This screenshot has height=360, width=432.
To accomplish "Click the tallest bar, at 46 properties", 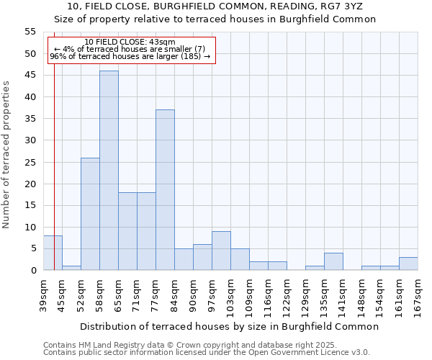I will (x=109, y=171).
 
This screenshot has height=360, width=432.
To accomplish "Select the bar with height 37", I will (x=165, y=190).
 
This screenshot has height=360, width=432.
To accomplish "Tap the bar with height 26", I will (x=90, y=214).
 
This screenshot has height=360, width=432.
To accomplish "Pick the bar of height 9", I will (x=221, y=251).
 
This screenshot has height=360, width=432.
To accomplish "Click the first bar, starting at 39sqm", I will (x=53, y=253).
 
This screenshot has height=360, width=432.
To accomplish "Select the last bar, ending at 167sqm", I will (x=408, y=264).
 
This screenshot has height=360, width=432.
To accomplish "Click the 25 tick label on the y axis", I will (x=31, y=162).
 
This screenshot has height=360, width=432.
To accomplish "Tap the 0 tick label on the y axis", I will (x=33, y=271).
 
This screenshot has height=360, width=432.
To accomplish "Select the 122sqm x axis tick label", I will (x=287, y=295).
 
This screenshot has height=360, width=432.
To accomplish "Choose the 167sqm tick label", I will (x=418, y=295).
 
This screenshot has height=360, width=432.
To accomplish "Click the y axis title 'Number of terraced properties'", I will (x=6, y=155).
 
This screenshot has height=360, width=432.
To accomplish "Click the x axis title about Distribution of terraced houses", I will (x=229, y=326).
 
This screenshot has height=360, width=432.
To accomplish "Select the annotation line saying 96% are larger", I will (x=130, y=56).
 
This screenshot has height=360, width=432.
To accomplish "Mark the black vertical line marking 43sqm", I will (x=54, y=180).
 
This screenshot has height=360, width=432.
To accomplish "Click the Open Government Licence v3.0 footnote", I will (x=207, y=352).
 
